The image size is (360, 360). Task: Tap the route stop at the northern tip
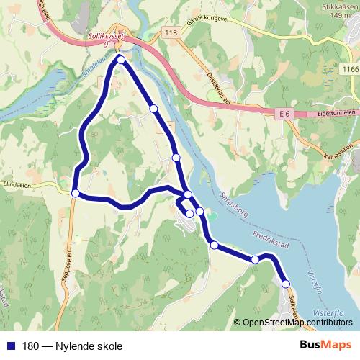tap(121, 60)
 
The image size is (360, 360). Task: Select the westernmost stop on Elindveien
tap(76, 193)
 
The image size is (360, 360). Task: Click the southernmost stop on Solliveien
tap(285, 284)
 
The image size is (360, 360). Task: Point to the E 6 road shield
tap(286, 114)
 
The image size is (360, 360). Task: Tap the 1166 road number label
tap(350, 69)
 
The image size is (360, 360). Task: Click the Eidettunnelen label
tap(336, 114)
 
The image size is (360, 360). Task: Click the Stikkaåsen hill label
tap(338, 9)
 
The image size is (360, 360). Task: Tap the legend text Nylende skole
tap(84, 346)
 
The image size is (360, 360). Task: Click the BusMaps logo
tap(325, 345)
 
